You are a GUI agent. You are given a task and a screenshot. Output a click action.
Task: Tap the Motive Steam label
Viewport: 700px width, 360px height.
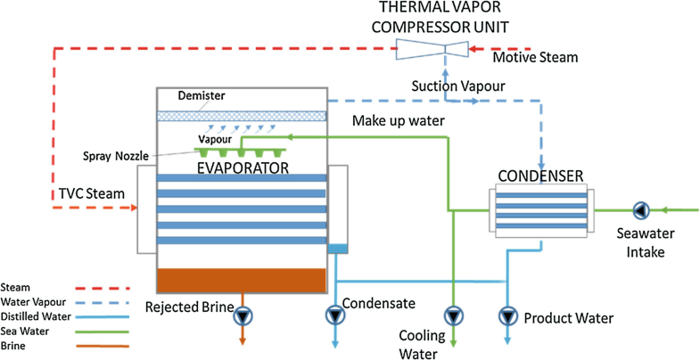tap(535, 58)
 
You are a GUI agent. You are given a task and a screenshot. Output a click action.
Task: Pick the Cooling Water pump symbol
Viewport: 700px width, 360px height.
tap(454, 315)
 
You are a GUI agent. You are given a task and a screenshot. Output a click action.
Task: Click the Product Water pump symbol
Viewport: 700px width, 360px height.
tap(508, 315)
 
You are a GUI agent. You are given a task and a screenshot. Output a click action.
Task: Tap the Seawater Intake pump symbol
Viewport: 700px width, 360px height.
tap(639, 211)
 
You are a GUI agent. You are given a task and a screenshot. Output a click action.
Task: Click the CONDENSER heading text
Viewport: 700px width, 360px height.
tap(540, 175)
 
